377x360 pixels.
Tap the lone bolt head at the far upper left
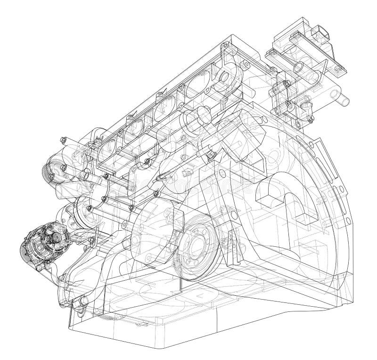tap(63, 139)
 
